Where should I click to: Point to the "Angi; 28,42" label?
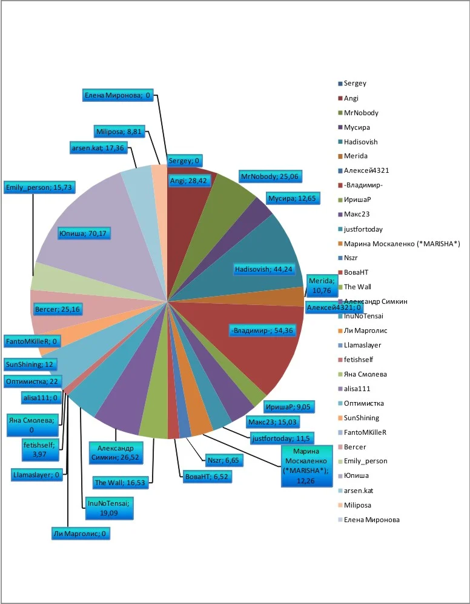coord(189,180)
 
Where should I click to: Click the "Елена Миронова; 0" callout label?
coord(119,95)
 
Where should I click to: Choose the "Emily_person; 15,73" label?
coord(39,187)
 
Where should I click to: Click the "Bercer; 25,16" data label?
coord(58,310)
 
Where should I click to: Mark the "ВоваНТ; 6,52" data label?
coord(207,477)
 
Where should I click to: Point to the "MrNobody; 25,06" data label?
coord(270,176)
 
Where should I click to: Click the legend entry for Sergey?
coord(355,83)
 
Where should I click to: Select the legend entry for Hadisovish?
coord(360,142)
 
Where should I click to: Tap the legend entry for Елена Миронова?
coord(371,520)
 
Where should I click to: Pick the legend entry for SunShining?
coord(362,418)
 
